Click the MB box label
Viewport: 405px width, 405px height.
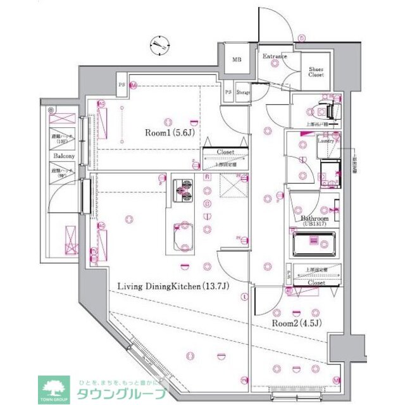coord(237,60)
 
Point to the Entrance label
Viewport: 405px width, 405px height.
coord(275,57)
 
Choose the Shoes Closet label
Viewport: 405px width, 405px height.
coord(316,72)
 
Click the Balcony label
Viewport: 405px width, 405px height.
coord(64,156)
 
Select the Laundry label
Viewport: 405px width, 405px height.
coord(326,140)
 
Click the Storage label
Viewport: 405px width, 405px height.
coord(244,93)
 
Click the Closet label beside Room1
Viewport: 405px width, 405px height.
coord(225,153)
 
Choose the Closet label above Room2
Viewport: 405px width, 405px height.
coord(316,283)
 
